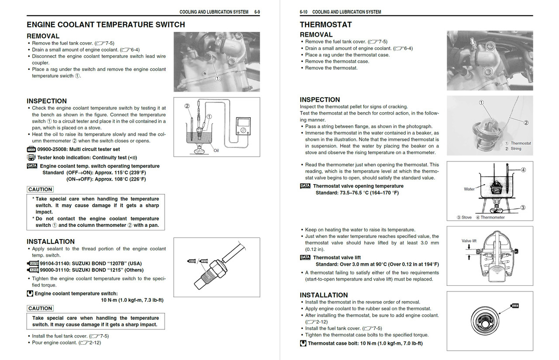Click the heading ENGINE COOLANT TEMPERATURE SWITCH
pos(106,25)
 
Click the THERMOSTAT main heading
pos(325,25)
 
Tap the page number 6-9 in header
pos(257,12)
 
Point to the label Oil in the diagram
pos(216,151)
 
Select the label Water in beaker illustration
pos(469,189)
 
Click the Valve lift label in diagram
pos(469,241)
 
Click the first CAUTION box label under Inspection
pos(40,189)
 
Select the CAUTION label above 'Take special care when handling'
pos(40,308)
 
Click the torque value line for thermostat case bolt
pos(365,343)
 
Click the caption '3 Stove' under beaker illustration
pos(464,217)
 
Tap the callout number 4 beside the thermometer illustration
pos(523,170)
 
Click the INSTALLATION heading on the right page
pos(324,295)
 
